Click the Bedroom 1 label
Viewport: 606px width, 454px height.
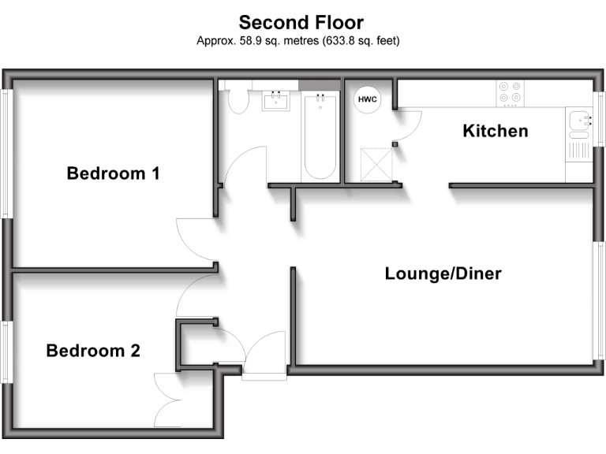pyautogui.click(x=113, y=173)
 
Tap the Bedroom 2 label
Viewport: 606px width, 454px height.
pyautogui.click(x=93, y=351)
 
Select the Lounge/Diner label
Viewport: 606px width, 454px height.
pyautogui.click(x=443, y=274)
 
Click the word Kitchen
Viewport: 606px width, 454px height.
pyautogui.click(x=495, y=131)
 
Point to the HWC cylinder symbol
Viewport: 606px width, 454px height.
pyautogui.click(x=368, y=99)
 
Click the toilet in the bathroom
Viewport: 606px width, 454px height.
pyautogui.click(x=236, y=100)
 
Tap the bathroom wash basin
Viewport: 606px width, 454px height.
pyautogui.click(x=276, y=101)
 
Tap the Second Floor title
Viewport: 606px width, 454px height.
pyautogui.click(x=301, y=22)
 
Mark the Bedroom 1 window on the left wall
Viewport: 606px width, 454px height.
pyautogui.click(x=6, y=153)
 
